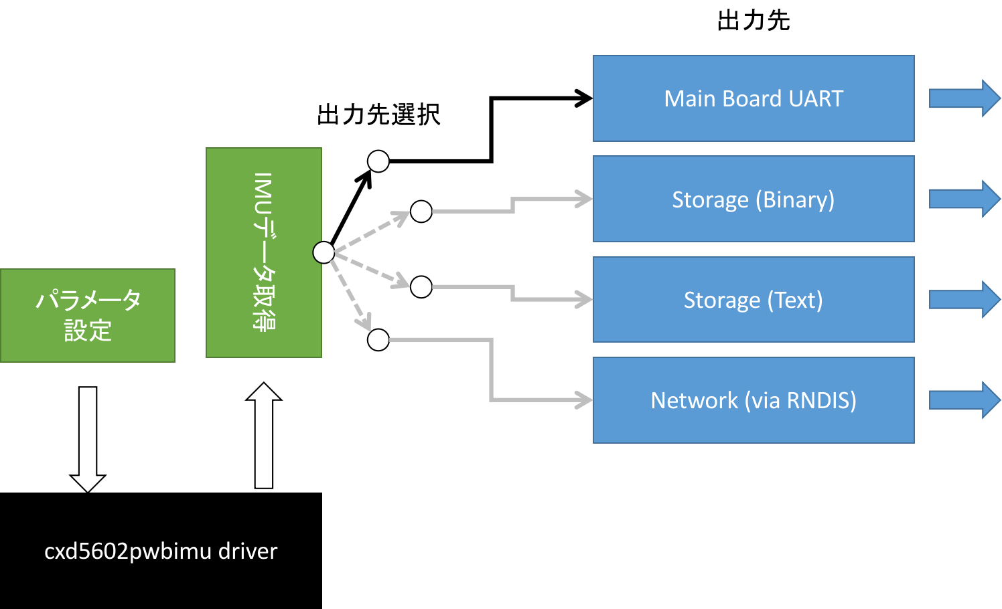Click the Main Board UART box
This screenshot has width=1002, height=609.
click(754, 98)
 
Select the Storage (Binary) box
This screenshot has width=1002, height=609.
click(754, 199)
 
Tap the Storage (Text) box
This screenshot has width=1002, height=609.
click(754, 300)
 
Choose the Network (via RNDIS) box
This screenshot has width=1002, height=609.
click(754, 400)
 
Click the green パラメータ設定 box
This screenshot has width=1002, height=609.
click(88, 315)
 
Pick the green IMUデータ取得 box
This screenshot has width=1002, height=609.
click(264, 252)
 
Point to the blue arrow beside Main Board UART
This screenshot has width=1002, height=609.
click(964, 98)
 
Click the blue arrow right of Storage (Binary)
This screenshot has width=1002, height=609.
click(964, 199)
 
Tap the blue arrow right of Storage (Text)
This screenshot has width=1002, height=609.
click(964, 299)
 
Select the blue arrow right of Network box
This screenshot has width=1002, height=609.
click(964, 400)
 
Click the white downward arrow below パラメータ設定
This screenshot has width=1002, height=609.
click(88, 439)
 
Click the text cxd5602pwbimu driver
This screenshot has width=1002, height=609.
click(161, 551)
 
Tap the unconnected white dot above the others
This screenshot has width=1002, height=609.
click(378, 161)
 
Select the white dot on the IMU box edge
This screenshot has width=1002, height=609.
click(324, 252)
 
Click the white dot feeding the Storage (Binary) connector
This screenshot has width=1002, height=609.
click(421, 211)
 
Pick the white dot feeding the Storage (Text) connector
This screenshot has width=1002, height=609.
click(421, 287)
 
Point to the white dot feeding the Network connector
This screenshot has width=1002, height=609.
click(378, 340)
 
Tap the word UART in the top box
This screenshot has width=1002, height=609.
click(816, 98)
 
